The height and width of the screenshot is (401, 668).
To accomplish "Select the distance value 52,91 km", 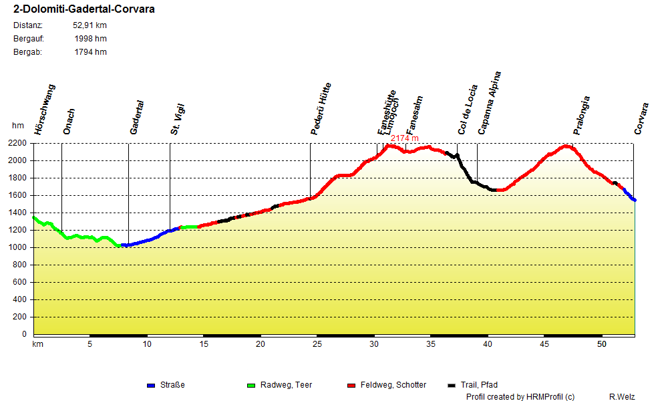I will click(x=90, y=25).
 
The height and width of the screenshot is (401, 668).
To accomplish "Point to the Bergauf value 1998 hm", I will click(x=91, y=39).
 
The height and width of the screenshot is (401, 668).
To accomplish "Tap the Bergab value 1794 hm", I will click(x=91, y=52).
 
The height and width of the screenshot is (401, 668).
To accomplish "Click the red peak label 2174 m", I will click(x=405, y=138).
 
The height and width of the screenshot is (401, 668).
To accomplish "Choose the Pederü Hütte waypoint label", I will click(x=321, y=109).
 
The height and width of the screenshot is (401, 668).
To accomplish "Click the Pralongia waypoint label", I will click(x=582, y=116).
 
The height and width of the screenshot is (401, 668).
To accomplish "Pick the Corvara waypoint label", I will click(x=641, y=119).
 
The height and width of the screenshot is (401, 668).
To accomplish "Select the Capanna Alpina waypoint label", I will click(x=489, y=104).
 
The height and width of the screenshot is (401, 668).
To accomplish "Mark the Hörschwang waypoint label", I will click(x=45, y=110).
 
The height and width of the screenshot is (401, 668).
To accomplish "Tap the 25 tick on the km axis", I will click(x=317, y=344).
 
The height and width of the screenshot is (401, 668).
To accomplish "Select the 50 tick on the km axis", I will click(x=602, y=344).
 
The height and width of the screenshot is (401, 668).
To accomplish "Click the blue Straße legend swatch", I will click(x=151, y=385).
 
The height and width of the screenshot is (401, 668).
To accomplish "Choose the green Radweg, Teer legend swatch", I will click(x=251, y=385).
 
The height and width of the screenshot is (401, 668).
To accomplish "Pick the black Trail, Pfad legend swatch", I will click(x=452, y=385).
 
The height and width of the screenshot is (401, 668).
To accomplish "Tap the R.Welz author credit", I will click(x=623, y=397).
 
